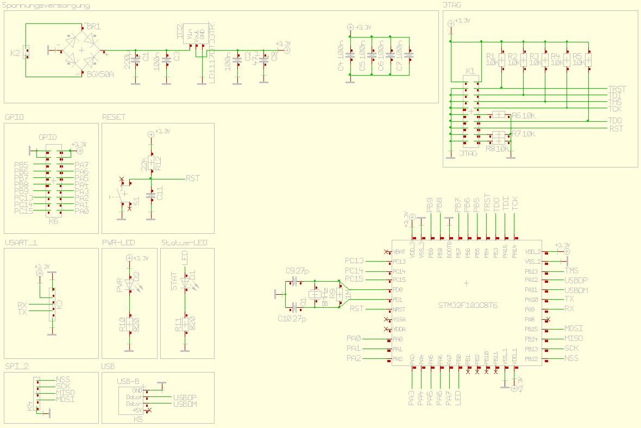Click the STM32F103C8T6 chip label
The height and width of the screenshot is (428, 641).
click(x=468, y=306)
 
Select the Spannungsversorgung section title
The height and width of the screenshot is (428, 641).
click(x=47, y=5)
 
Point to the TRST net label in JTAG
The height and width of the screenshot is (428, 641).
click(x=617, y=89)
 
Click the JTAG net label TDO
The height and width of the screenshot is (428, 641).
click(x=615, y=120)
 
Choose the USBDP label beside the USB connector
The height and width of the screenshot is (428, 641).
click(x=185, y=398)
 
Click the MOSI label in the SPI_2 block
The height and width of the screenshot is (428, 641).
click(x=65, y=399)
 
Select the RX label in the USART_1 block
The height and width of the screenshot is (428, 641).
click(x=22, y=305)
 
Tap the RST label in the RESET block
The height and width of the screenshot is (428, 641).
click(x=192, y=178)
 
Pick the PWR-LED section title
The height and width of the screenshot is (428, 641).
click(x=118, y=243)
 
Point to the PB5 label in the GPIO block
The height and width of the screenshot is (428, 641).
click(x=22, y=165)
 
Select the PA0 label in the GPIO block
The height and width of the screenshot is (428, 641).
click(x=81, y=211)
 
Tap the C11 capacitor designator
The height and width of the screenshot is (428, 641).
click(x=159, y=192)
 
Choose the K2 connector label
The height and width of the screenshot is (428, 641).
click(x=15, y=53)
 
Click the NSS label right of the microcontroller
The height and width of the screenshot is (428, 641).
click(x=571, y=358)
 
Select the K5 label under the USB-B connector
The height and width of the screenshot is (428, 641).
click(x=139, y=420)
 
